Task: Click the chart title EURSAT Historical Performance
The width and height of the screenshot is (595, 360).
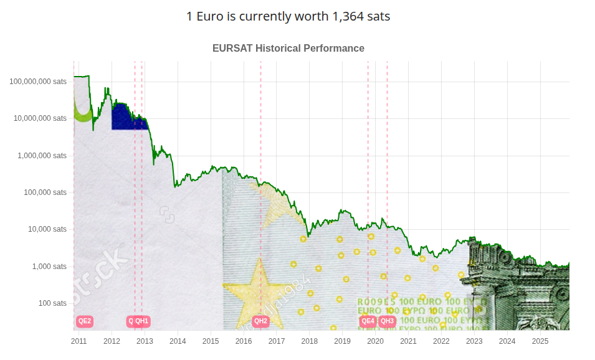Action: pos(288,48)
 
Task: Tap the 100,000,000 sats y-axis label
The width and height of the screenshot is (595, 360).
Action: pos(38,81)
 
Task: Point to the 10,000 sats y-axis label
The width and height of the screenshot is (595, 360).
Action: pos(47,229)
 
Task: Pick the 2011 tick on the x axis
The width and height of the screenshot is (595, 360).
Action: pos(79,341)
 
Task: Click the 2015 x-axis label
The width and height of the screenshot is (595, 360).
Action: pos(211,341)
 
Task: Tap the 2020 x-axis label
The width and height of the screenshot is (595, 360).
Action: pos(375,341)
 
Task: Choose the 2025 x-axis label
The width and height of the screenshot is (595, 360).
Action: pos(540,341)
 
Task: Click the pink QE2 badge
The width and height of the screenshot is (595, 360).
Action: pos(85,321)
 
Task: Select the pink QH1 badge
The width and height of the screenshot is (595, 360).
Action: pos(142,321)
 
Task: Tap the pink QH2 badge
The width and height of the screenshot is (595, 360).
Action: pos(260,321)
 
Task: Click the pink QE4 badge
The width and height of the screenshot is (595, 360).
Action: pos(368,321)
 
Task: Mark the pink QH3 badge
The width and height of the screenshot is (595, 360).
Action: pos(388,321)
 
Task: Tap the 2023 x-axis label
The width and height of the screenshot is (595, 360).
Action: pos(474,341)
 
